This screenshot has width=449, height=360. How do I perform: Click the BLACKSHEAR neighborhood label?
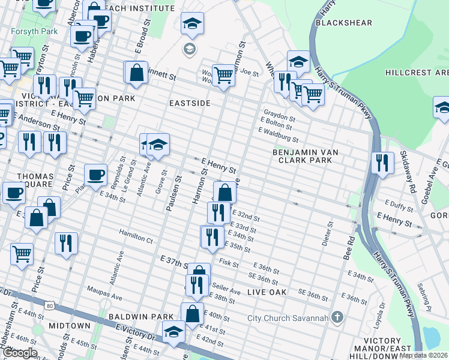pyautogui.click(x=344, y=23)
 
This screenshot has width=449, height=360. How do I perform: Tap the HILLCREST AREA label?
pyautogui.click(x=417, y=73)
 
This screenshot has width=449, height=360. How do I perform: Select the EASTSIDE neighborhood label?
pyautogui.click(x=190, y=103)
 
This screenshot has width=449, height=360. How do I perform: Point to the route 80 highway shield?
pyautogui.click(x=49, y=306)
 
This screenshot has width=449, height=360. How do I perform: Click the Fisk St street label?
pyautogui.click(x=229, y=263)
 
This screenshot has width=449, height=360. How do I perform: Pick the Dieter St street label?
pyautogui.click(x=330, y=229)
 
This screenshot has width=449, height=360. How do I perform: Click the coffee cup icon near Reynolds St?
pyautogui.click(x=95, y=175)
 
